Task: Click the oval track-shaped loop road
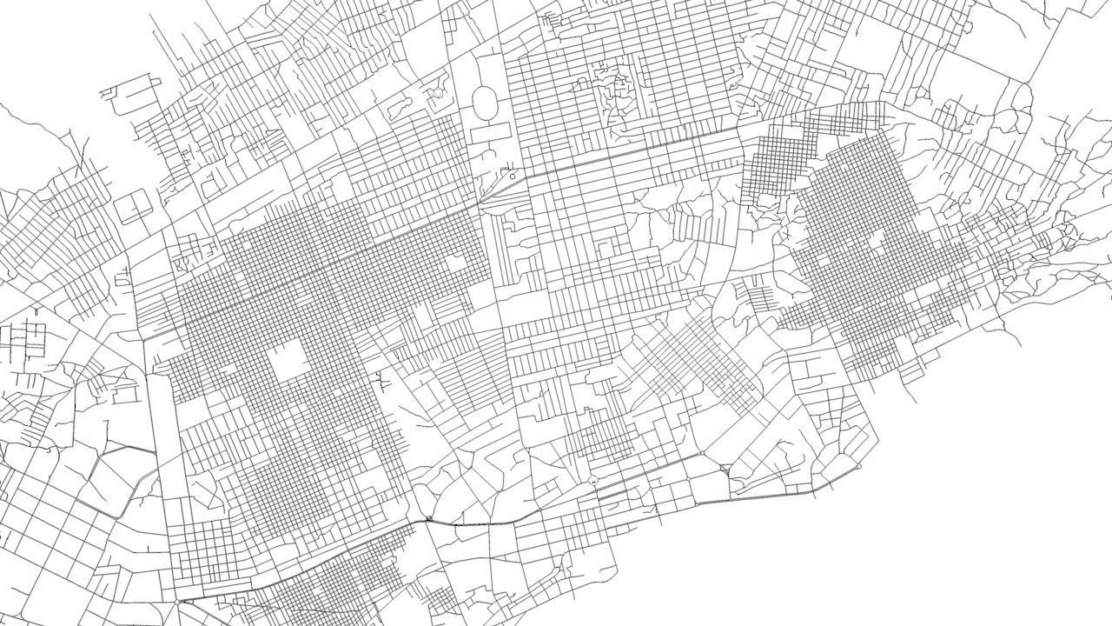(x=485, y=103)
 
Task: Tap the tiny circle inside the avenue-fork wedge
(x=513, y=176)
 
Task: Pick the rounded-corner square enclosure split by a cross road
(x=133, y=209)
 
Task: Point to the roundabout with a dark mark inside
(x=428, y=519)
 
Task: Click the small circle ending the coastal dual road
(x=858, y=467)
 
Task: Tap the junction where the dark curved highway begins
(x=428, y=519)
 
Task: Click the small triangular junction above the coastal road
(x=725, y=469)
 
